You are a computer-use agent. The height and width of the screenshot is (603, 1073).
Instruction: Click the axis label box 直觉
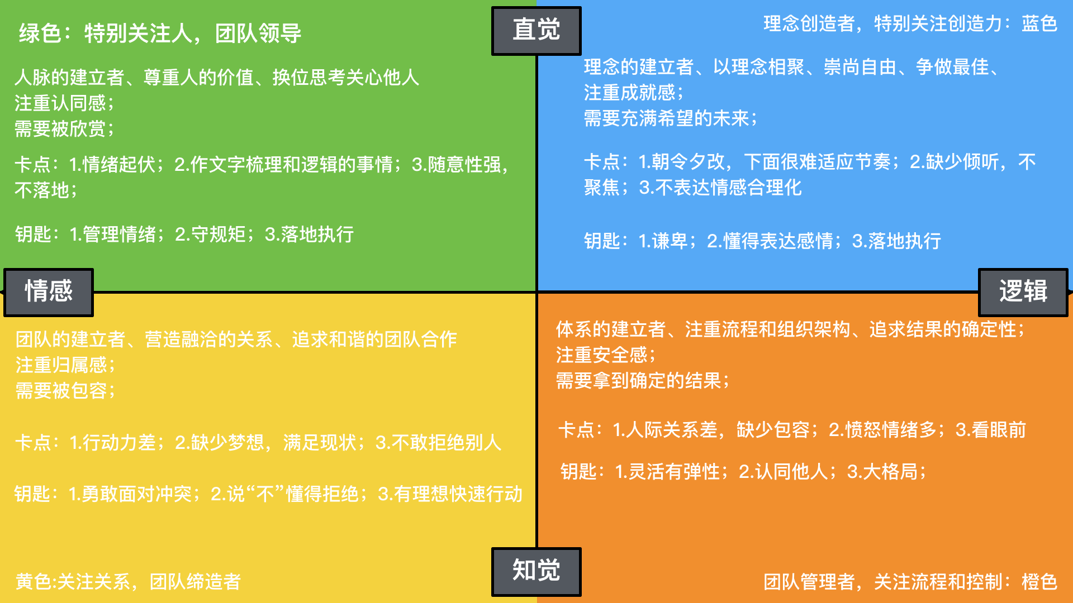tap(536, 30)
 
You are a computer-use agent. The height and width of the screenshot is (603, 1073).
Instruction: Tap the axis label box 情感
tap(49, 291)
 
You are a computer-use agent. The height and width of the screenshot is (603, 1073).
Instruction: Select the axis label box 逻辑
tap(1023, 291)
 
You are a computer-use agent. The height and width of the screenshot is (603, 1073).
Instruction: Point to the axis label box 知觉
tap(536, 571)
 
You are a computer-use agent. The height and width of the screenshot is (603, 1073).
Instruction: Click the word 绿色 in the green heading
tap(40, 33)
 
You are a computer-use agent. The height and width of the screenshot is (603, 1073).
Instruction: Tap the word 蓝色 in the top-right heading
tap(1039, 24)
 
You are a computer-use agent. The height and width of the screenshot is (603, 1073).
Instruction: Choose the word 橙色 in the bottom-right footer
tap(1039, 582)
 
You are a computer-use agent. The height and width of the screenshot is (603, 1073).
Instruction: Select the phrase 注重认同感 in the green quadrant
tap(60, 103)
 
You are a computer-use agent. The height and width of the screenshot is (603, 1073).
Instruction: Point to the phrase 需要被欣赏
tap(60, 129)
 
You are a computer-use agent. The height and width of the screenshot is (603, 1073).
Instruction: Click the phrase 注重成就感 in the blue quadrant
tap(630, 93)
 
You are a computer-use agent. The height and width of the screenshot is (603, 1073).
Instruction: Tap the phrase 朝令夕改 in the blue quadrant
tap(688, 162)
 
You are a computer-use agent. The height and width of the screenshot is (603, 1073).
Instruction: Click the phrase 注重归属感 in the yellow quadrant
tap(61, 365)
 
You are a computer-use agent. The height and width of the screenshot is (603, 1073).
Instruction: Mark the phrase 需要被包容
tap(61, 391)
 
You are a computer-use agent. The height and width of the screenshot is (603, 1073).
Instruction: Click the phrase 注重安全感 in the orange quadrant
tap(602, 355)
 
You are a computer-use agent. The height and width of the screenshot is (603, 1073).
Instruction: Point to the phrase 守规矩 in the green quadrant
tap(219, 234)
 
